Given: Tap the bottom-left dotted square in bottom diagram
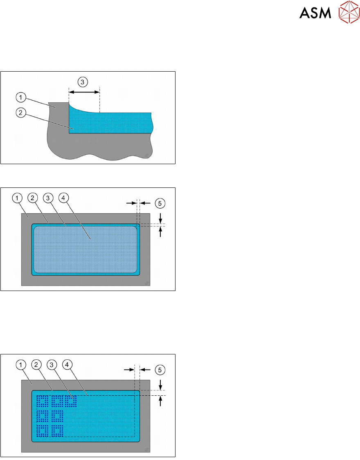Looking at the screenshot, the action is [x=43, y=431].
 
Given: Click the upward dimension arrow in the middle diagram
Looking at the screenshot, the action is [x=160, y=232].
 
